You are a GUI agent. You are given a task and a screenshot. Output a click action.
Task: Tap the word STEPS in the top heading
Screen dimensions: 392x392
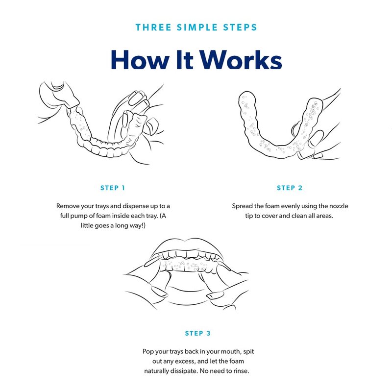pyautogui.click(x=240, y=27)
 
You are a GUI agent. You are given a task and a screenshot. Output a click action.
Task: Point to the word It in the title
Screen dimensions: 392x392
pyautogui.click(x=185, y=59)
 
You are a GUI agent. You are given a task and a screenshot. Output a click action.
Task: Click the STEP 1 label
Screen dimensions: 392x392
pyautogui.click(x=113, y=188)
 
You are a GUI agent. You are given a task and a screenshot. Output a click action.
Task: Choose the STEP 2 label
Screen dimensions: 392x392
pyautogui.click(x=290, y=188)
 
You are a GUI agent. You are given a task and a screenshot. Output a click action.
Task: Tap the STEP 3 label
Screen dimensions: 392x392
pyautogui.click(x=198, y=333)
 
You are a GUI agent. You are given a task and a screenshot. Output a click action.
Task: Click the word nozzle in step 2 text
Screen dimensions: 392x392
pyautogui.click(x=339, y=206)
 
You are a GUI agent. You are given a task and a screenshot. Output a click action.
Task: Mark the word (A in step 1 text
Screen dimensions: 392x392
pyautogui.click(x=163, y=216)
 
